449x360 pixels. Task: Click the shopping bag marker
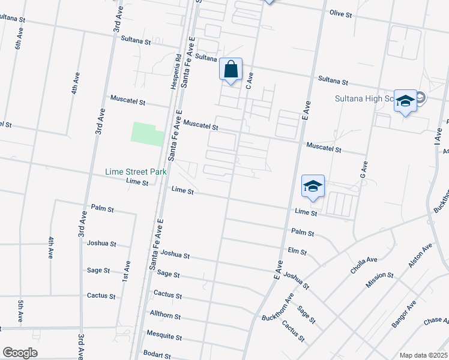[x=231, y=70]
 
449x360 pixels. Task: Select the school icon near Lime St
[x=313, y=187]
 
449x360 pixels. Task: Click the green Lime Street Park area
[x=146, y=133]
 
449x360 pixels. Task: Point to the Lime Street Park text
[x=136, y=172]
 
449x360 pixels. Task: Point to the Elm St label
[x=297, y=251]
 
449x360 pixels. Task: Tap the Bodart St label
[x=157, y=355]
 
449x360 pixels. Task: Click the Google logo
[x=20, y=353]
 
